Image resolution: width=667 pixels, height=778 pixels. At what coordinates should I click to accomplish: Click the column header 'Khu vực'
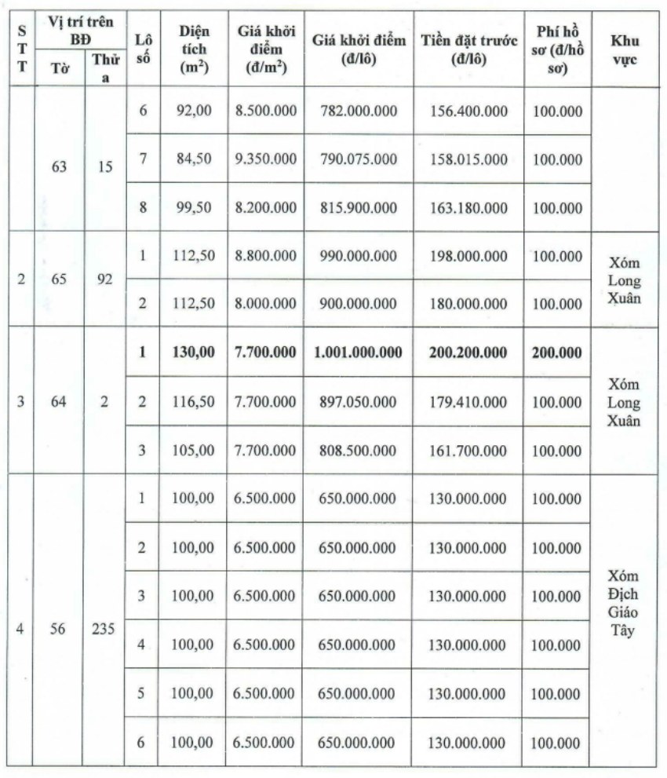pos(624,49)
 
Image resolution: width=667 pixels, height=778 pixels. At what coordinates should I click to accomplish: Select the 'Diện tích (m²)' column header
pos(192,49)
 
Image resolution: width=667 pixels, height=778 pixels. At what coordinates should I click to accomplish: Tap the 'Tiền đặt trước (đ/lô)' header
pos(468,49)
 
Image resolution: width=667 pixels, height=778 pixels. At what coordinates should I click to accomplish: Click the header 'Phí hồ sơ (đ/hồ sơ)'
pos(557,49)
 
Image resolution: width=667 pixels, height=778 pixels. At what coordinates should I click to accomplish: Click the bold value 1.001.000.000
pos(358,352)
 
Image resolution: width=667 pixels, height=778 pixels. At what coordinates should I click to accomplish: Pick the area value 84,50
pos(193,159)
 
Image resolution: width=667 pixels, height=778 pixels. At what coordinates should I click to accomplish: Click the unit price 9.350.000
pos(266,159)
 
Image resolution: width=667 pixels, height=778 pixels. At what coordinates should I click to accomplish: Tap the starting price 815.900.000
pos(358,208)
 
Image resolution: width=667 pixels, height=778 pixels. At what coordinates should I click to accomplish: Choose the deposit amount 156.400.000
pos(468,111)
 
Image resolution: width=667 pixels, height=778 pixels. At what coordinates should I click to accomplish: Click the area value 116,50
pos(193,402)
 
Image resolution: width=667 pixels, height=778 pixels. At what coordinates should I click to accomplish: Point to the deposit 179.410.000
pos(468,402)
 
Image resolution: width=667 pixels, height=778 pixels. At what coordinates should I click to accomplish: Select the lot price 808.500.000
pos(358,451)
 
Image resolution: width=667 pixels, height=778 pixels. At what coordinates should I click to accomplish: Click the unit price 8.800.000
pos(266,256)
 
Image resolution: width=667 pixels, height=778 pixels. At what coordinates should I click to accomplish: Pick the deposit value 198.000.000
pos(468,256)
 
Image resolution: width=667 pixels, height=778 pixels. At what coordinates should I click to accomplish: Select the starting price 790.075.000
pos(358,159)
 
